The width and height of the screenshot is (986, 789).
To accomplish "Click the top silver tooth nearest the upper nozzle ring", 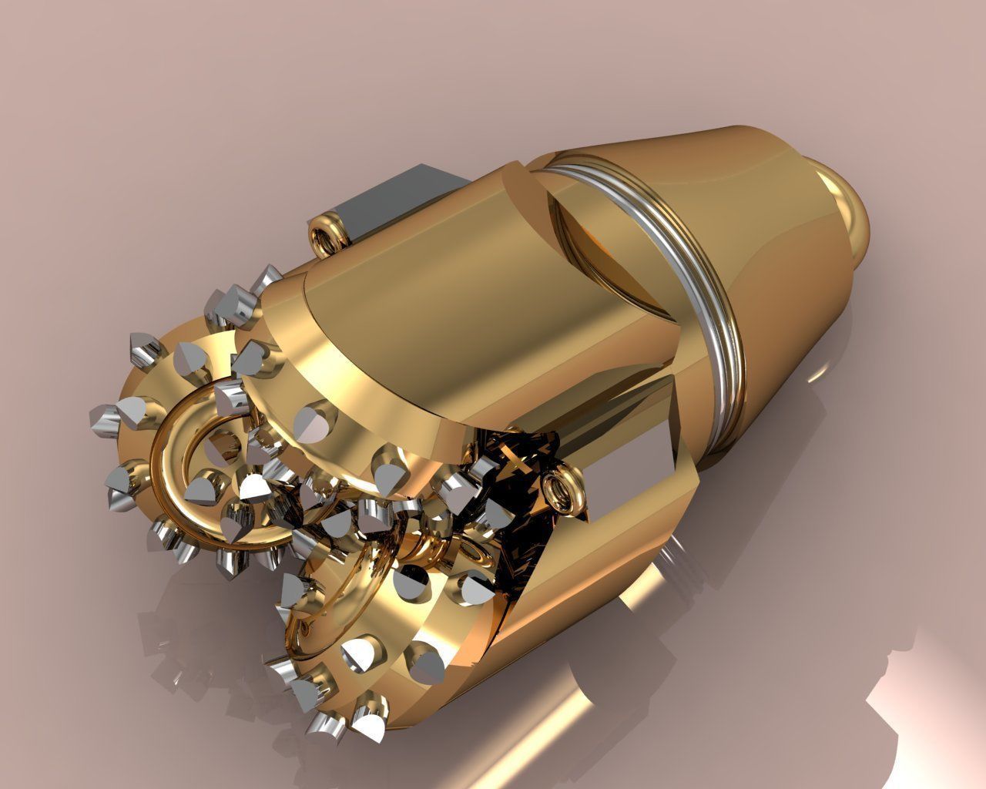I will click(x=270, y=278).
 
